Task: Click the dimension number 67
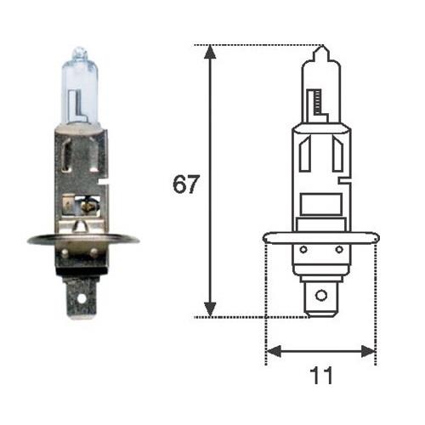click(186, 185)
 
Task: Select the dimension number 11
click(320, 375)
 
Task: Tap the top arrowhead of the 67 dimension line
click(211, 53)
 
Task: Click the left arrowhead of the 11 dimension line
click(273, 350)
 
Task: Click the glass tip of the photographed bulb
click(78, 53)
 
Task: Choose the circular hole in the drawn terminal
click(320, 296)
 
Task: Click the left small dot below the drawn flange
click(303, 250)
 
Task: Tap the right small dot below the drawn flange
click(337, 250)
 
